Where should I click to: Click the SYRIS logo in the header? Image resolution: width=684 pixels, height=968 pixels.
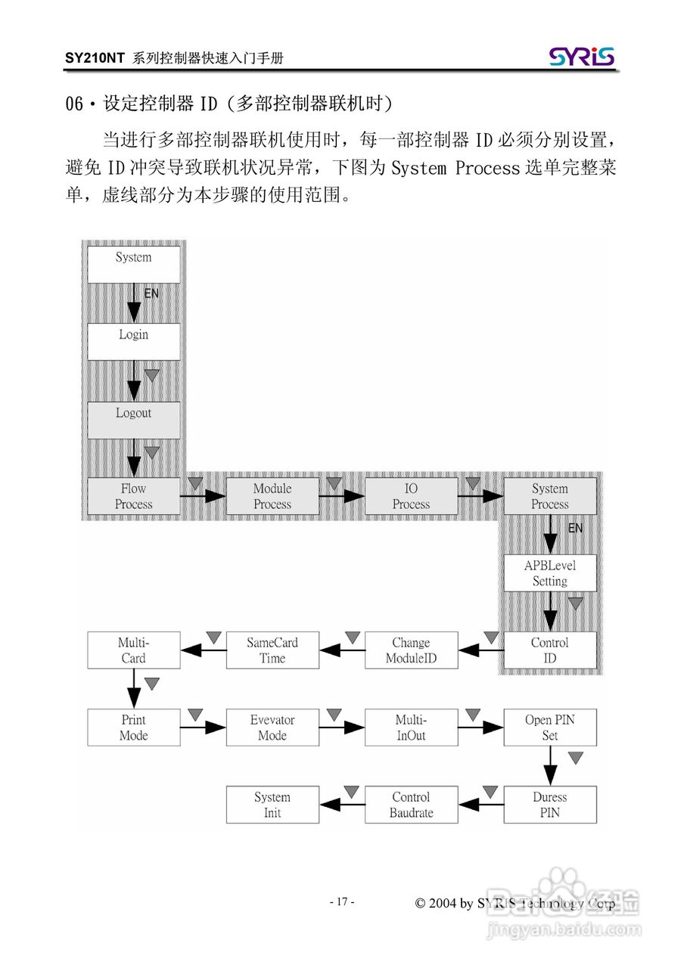(x=581, y=57)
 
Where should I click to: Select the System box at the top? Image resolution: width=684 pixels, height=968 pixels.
(x=134, y=264)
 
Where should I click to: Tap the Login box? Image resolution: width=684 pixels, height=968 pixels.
(x=134, y=341)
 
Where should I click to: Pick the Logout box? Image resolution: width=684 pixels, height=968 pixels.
(x=134, y=419)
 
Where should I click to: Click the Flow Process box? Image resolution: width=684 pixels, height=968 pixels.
(x=134, y=496)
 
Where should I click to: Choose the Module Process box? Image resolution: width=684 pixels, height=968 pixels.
(x=272, y=496)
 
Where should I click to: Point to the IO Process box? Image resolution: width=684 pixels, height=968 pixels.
(x=411, y=496)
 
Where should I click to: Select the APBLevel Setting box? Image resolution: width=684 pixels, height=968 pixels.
(x=550, y=573)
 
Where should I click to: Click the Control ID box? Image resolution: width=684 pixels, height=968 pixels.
(x=550, y=650)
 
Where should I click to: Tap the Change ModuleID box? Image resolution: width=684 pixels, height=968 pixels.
(x=411, y=650)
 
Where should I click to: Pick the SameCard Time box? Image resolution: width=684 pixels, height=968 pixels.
(x=272, y=650)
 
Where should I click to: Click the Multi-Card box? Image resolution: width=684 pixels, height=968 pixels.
(x=134, y=650)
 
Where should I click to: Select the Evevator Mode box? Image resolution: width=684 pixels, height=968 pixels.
(x=272, y=728)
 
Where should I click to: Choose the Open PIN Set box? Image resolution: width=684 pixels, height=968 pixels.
(x=550, y=728)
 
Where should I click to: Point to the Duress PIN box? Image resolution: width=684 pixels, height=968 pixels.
(x=550, y=805)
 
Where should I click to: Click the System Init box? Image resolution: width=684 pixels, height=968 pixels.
(x=272, y=805)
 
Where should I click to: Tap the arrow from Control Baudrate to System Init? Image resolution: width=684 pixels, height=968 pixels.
(x=342, y=805)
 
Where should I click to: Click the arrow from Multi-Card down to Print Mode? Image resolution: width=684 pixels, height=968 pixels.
(x=134, y=688)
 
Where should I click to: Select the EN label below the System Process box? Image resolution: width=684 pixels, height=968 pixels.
(x=576, y=529)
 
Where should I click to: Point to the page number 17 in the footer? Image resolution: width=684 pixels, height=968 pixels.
(x=342, y=901)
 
